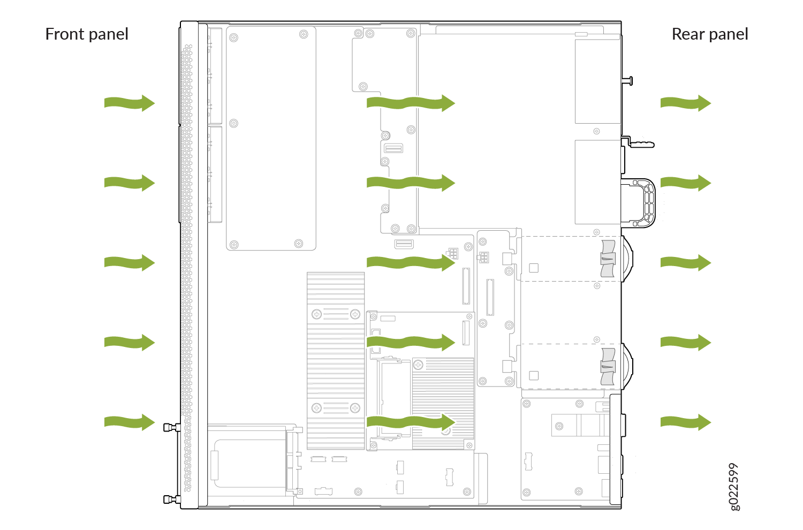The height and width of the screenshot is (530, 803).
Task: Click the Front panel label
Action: pos(87,34)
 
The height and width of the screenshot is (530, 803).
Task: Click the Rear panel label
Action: pos(710,34)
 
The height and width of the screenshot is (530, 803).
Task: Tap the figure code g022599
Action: pos(734,487)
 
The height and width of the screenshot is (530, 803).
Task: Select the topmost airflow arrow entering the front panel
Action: pos(130,103)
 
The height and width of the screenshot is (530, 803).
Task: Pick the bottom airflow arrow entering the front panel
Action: pos(130,422)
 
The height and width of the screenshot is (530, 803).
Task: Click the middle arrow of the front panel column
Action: pos(130,263)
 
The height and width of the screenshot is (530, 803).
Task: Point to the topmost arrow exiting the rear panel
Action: pos(686,103)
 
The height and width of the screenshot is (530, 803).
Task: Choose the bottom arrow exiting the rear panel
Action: pos(686,422)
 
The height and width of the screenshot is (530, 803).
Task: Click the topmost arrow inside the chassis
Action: pos(411,103)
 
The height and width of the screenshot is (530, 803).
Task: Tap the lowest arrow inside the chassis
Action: pos(411,422)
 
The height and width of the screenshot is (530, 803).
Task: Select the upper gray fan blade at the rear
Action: pos(608,259)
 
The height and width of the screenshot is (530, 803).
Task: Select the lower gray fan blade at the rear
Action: pos(608,367)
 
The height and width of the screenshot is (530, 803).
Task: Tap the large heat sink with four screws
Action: pos(336,361)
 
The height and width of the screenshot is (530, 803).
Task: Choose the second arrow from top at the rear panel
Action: pos(686,183)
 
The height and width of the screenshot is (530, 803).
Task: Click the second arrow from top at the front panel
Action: pos(130,183)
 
